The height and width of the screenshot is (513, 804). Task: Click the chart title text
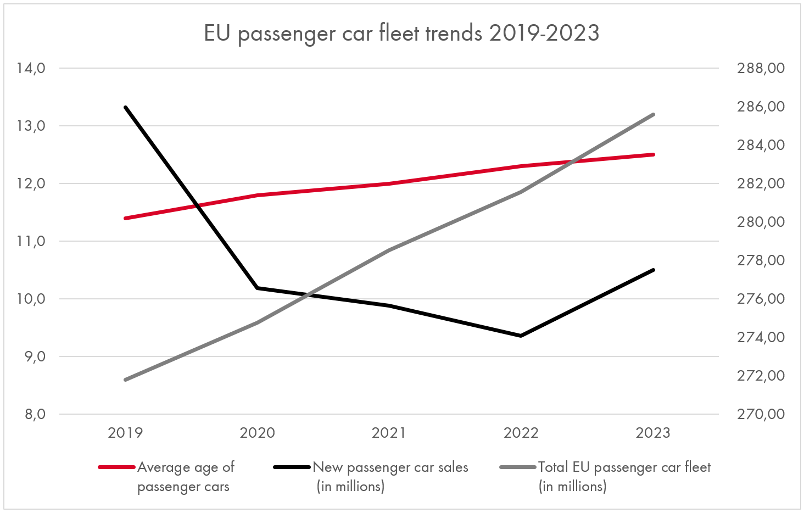[x=401, y=34]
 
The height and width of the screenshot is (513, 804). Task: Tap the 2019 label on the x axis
[x=125, y=433]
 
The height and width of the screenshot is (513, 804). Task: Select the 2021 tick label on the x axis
[x=389, y=433]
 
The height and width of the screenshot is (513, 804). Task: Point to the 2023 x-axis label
[x=653, y=433]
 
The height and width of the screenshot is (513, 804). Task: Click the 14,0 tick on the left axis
[x=31, y=68]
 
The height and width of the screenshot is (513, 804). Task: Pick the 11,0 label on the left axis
[x=31, y=241]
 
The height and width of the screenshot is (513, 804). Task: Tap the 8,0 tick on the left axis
[x=34, y=414]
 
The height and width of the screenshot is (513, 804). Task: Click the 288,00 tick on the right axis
[x=761, y=68]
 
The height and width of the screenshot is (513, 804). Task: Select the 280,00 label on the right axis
[x=761, y=222]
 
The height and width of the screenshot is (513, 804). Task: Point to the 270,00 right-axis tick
[x=761, y=414]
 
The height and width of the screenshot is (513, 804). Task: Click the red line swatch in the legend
[x=116, y=467]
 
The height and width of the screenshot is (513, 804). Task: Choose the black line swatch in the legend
[x=292, y=467]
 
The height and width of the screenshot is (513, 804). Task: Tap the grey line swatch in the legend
[x=518, y=467]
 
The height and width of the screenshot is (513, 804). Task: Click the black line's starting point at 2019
[x=126, y=107]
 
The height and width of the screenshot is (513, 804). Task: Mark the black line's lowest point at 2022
[x=521, y=336]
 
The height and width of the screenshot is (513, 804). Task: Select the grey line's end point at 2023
[x=653, y=114]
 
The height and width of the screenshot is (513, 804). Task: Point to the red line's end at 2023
[x=653, y=154]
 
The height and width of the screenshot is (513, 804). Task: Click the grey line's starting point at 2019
[x=126, y=380]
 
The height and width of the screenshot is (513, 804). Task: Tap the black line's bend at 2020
[x=258, y=288]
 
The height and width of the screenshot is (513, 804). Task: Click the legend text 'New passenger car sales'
[x=390, y=467]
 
